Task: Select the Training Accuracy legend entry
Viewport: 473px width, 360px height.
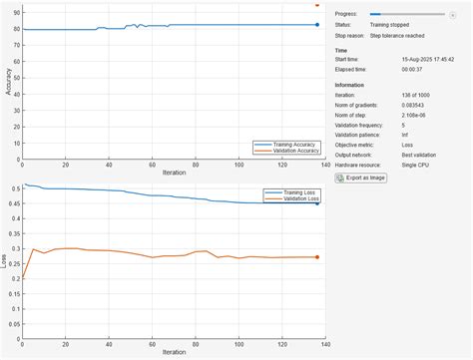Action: [x=291, y=145]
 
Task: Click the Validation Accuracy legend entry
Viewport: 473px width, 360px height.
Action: [x=292, y=152]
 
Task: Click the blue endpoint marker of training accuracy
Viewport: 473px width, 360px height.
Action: [x=317, y=25]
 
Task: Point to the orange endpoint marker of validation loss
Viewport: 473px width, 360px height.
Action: [x=317, y=257]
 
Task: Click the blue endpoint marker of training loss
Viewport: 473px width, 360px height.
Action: [x=317, y=202]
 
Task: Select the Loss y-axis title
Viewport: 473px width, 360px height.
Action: [x=6, y=261]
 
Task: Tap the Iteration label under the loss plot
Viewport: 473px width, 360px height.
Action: [x=174, y=352]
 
